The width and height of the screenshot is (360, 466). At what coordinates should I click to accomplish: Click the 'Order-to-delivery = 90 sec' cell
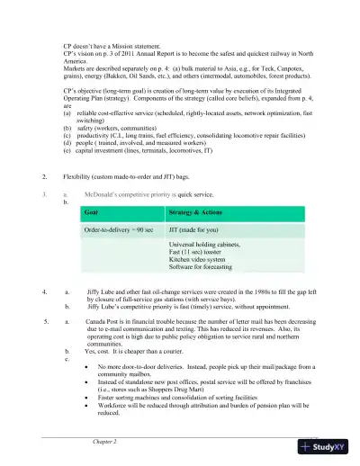[x=119, y=230]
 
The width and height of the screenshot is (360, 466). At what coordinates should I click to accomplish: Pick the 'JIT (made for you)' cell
[x=193, y=230]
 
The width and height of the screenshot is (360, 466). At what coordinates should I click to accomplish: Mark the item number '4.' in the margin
[x=46, y=292]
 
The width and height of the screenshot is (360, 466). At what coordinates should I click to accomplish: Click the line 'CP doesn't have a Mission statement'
[x=121, y=44]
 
